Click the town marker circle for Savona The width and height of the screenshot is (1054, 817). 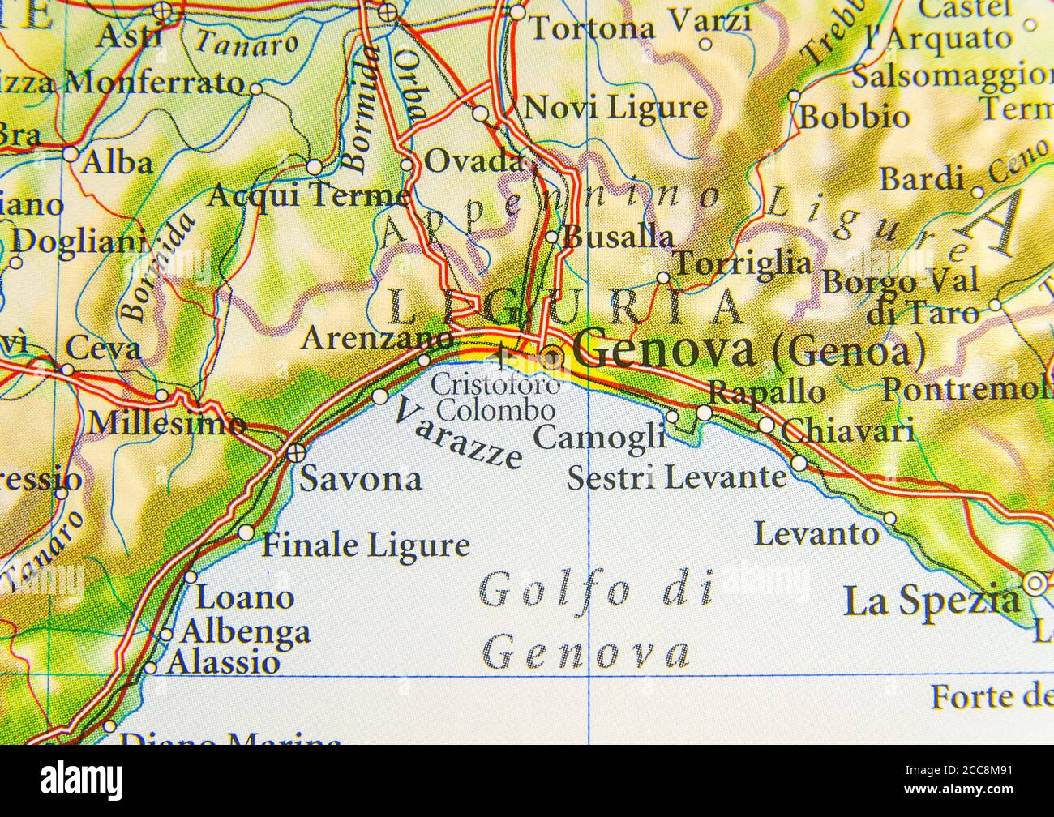point(295,451)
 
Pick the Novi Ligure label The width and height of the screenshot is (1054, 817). point(616,107)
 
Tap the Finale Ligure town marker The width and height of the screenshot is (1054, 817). point(246,533)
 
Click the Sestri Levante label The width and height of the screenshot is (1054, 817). point(676,477)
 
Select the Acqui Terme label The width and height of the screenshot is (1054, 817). point(308,195)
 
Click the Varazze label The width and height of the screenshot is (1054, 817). point(457,435)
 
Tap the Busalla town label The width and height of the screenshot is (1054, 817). point(618,237)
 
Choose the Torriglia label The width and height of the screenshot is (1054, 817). point(743,263)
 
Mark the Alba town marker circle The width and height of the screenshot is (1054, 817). point(71,154)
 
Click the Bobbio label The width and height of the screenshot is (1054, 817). point(855,118)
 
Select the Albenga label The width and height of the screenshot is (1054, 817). point(245,631)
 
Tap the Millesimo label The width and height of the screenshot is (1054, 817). point(167,423)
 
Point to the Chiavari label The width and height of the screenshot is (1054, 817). point(849,430)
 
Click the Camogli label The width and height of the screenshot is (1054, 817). point(600,437)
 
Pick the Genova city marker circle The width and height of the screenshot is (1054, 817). point(552,357)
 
